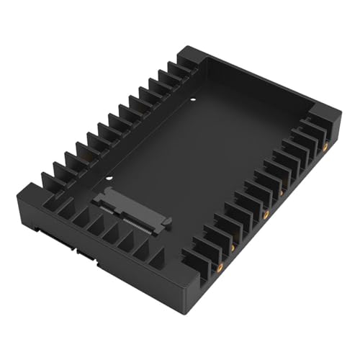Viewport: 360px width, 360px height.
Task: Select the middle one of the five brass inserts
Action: pyautogui.click(x=266, y=214)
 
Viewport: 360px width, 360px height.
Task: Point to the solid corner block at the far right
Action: pyautogui.click(x=328, y=119)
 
